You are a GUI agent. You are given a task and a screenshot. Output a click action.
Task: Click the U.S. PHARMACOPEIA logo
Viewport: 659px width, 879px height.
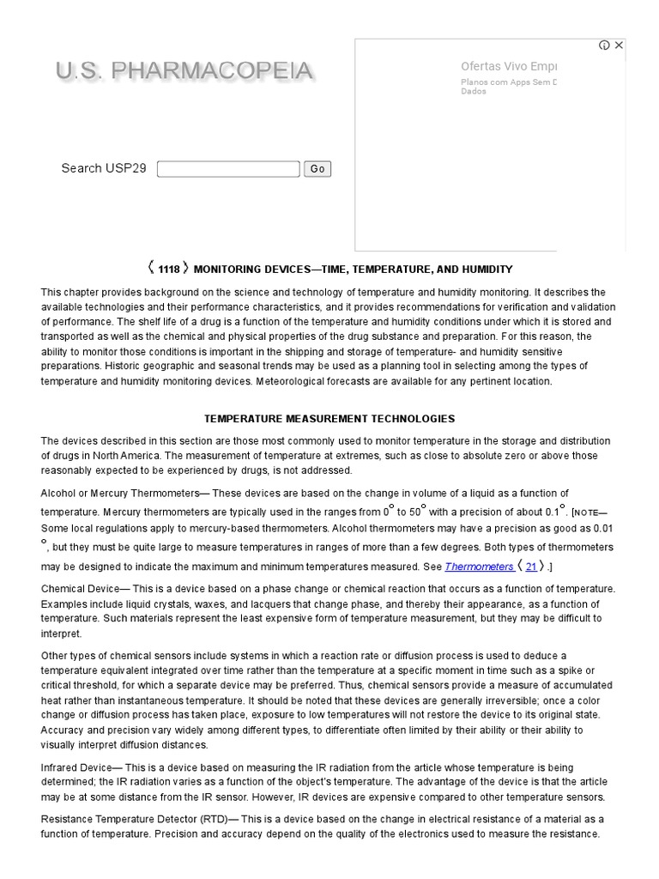184,71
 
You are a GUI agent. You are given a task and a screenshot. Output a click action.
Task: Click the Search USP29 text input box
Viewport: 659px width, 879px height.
228,169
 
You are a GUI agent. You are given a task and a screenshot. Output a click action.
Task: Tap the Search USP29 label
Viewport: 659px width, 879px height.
104,168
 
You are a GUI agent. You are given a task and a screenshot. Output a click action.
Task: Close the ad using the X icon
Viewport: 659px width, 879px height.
619,45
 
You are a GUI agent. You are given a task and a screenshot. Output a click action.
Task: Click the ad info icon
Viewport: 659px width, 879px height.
604,45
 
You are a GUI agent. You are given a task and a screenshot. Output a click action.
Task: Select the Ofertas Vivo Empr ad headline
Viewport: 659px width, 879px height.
509,66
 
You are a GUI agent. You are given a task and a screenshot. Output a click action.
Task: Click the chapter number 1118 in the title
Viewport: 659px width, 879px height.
169,270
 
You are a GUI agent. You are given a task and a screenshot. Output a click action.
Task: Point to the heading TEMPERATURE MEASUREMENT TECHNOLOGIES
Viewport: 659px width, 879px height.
329,419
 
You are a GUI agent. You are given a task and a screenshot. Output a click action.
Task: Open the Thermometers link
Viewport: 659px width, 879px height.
479,567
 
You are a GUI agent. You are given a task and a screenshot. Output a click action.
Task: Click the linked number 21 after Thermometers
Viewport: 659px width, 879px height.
531,567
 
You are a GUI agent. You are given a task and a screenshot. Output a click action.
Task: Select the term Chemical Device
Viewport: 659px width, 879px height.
82,589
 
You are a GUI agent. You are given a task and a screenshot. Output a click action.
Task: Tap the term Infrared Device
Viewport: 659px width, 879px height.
81,767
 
